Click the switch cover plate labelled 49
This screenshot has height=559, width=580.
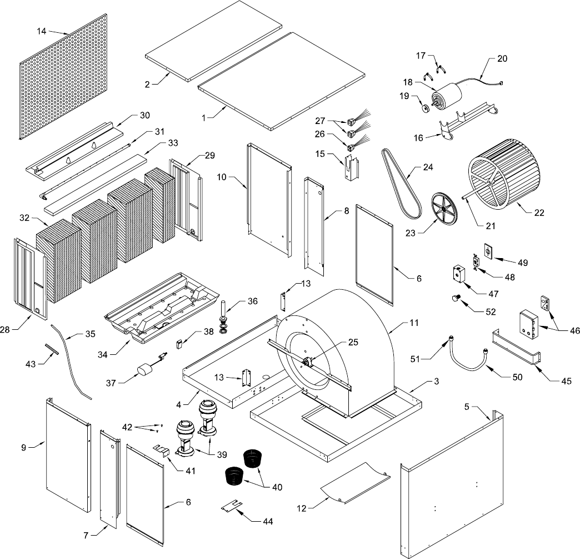(488, 252)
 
